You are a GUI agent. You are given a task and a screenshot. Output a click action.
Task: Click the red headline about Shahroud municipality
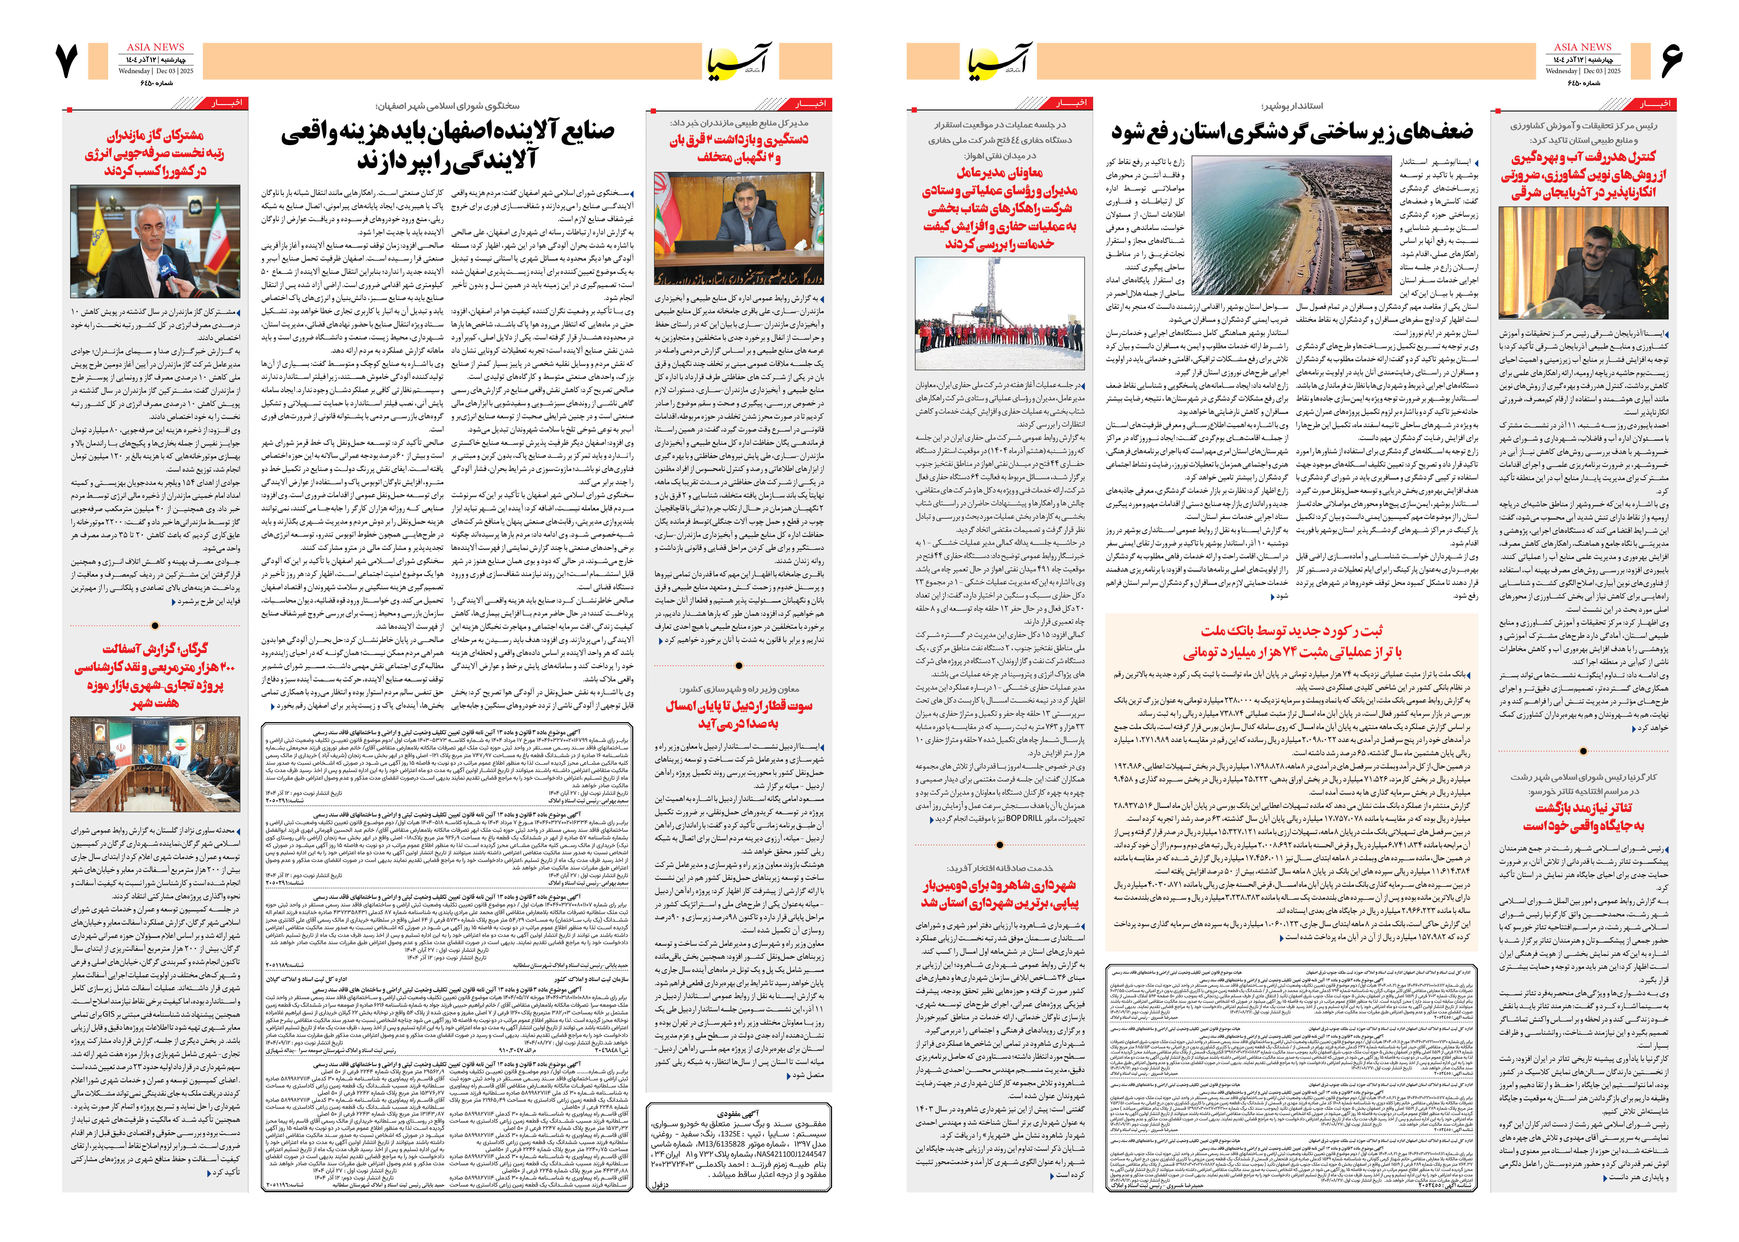pos(999,893)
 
